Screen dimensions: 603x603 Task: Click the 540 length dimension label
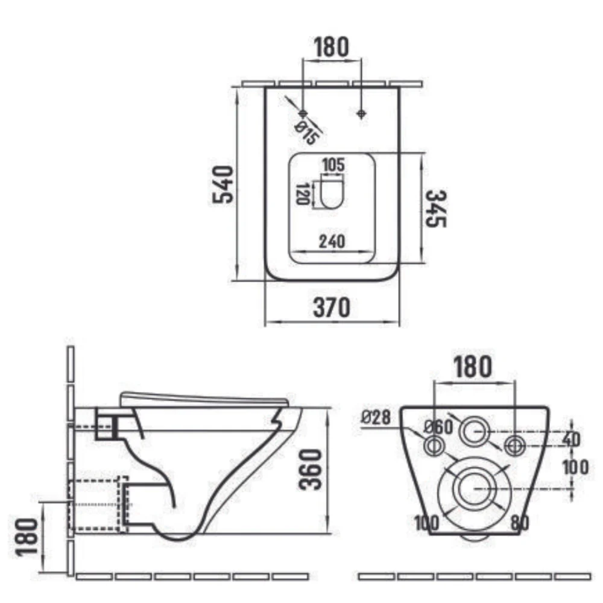(223, 185)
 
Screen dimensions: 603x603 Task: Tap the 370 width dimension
(332, 308)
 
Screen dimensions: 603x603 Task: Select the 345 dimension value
(436, 209)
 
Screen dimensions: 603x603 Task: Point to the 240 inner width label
(332, 242)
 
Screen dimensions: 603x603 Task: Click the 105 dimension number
(333, 165)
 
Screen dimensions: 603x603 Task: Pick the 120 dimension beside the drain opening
(303, 194)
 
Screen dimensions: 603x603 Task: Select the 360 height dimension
(310, 470)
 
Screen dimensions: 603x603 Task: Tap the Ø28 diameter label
(376, 417)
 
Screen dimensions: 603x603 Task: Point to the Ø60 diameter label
(439, 427)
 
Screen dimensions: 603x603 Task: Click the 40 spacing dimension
(571, 439)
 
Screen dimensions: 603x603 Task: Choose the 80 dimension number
(520, 523)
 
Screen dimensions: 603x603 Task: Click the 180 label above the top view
(332, 47)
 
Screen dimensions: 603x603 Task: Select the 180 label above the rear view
(473, 367)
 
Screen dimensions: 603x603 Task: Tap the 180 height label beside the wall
(27, 537)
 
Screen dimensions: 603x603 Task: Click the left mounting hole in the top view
(303, 113)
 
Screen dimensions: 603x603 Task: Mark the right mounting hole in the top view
(361, 113)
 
